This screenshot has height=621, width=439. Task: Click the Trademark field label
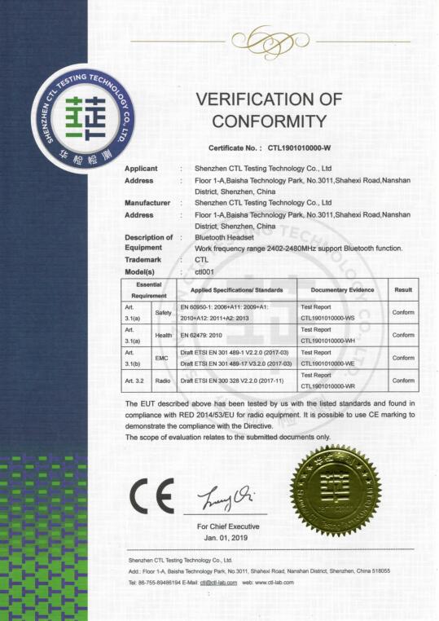coord(144,258)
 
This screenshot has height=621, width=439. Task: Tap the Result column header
coord(402,289)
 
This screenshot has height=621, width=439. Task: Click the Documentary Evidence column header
coord(342,289)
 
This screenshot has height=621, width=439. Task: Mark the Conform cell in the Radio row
coord(402,380)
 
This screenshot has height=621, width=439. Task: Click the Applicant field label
coord(141,168)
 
